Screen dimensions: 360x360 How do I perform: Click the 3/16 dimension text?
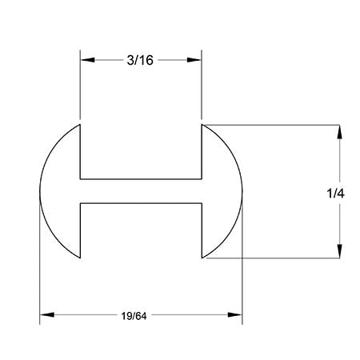[x=141, y=60]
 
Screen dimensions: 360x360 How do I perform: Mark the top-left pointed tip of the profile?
[x=81, y=125]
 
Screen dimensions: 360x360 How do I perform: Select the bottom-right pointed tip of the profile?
[x=202, y=258]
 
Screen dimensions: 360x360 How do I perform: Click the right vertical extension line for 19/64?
[x=242, y=272]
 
